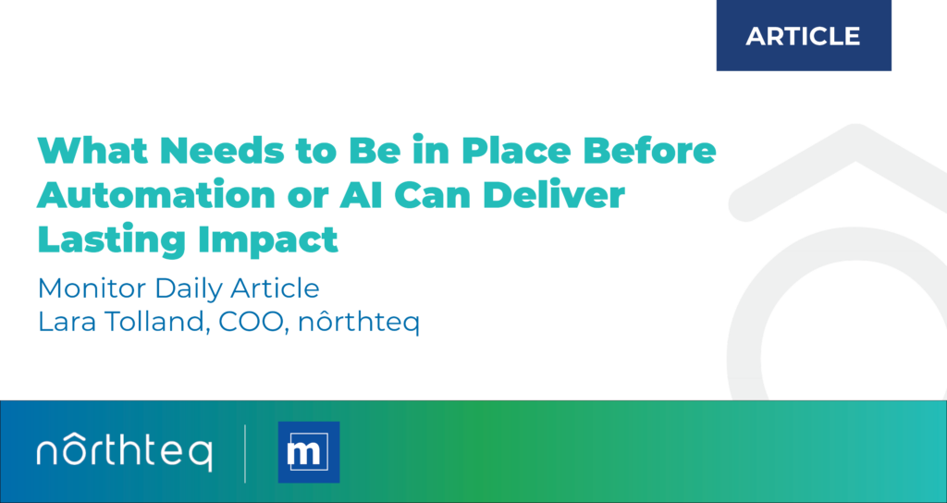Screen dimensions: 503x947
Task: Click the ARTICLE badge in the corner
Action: pyautogui.click(x=803, y=36)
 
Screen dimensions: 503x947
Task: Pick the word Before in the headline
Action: pyautogui.click(x=658, y=151)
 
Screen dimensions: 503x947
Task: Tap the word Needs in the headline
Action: pyautogui.click(x=215, y=151)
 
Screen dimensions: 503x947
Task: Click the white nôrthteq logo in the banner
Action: pyautogui.click(x=124, y=452)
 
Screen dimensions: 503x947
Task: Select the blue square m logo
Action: pyautogui.click(x=309, y=452)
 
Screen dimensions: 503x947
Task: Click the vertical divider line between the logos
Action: pyautogui.click(x=245, y=452)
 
